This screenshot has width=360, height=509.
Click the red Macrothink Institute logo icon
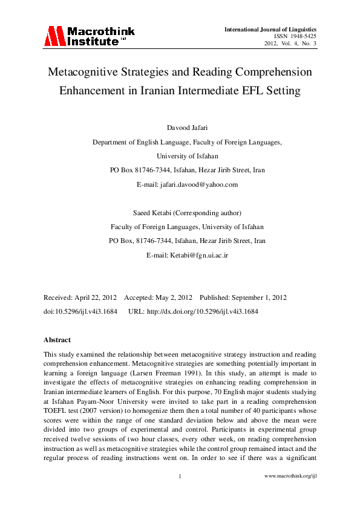(x=53, y=36)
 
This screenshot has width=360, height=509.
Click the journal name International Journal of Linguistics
(x=270, y=29)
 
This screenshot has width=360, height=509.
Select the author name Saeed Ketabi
(x=154, y=213)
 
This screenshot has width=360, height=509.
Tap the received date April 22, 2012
(x=96, y=298)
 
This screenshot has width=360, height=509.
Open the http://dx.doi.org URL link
(x=202, y=311)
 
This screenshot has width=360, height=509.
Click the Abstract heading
(x=57, y=340)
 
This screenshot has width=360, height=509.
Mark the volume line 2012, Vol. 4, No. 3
(x=290, y=44)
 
